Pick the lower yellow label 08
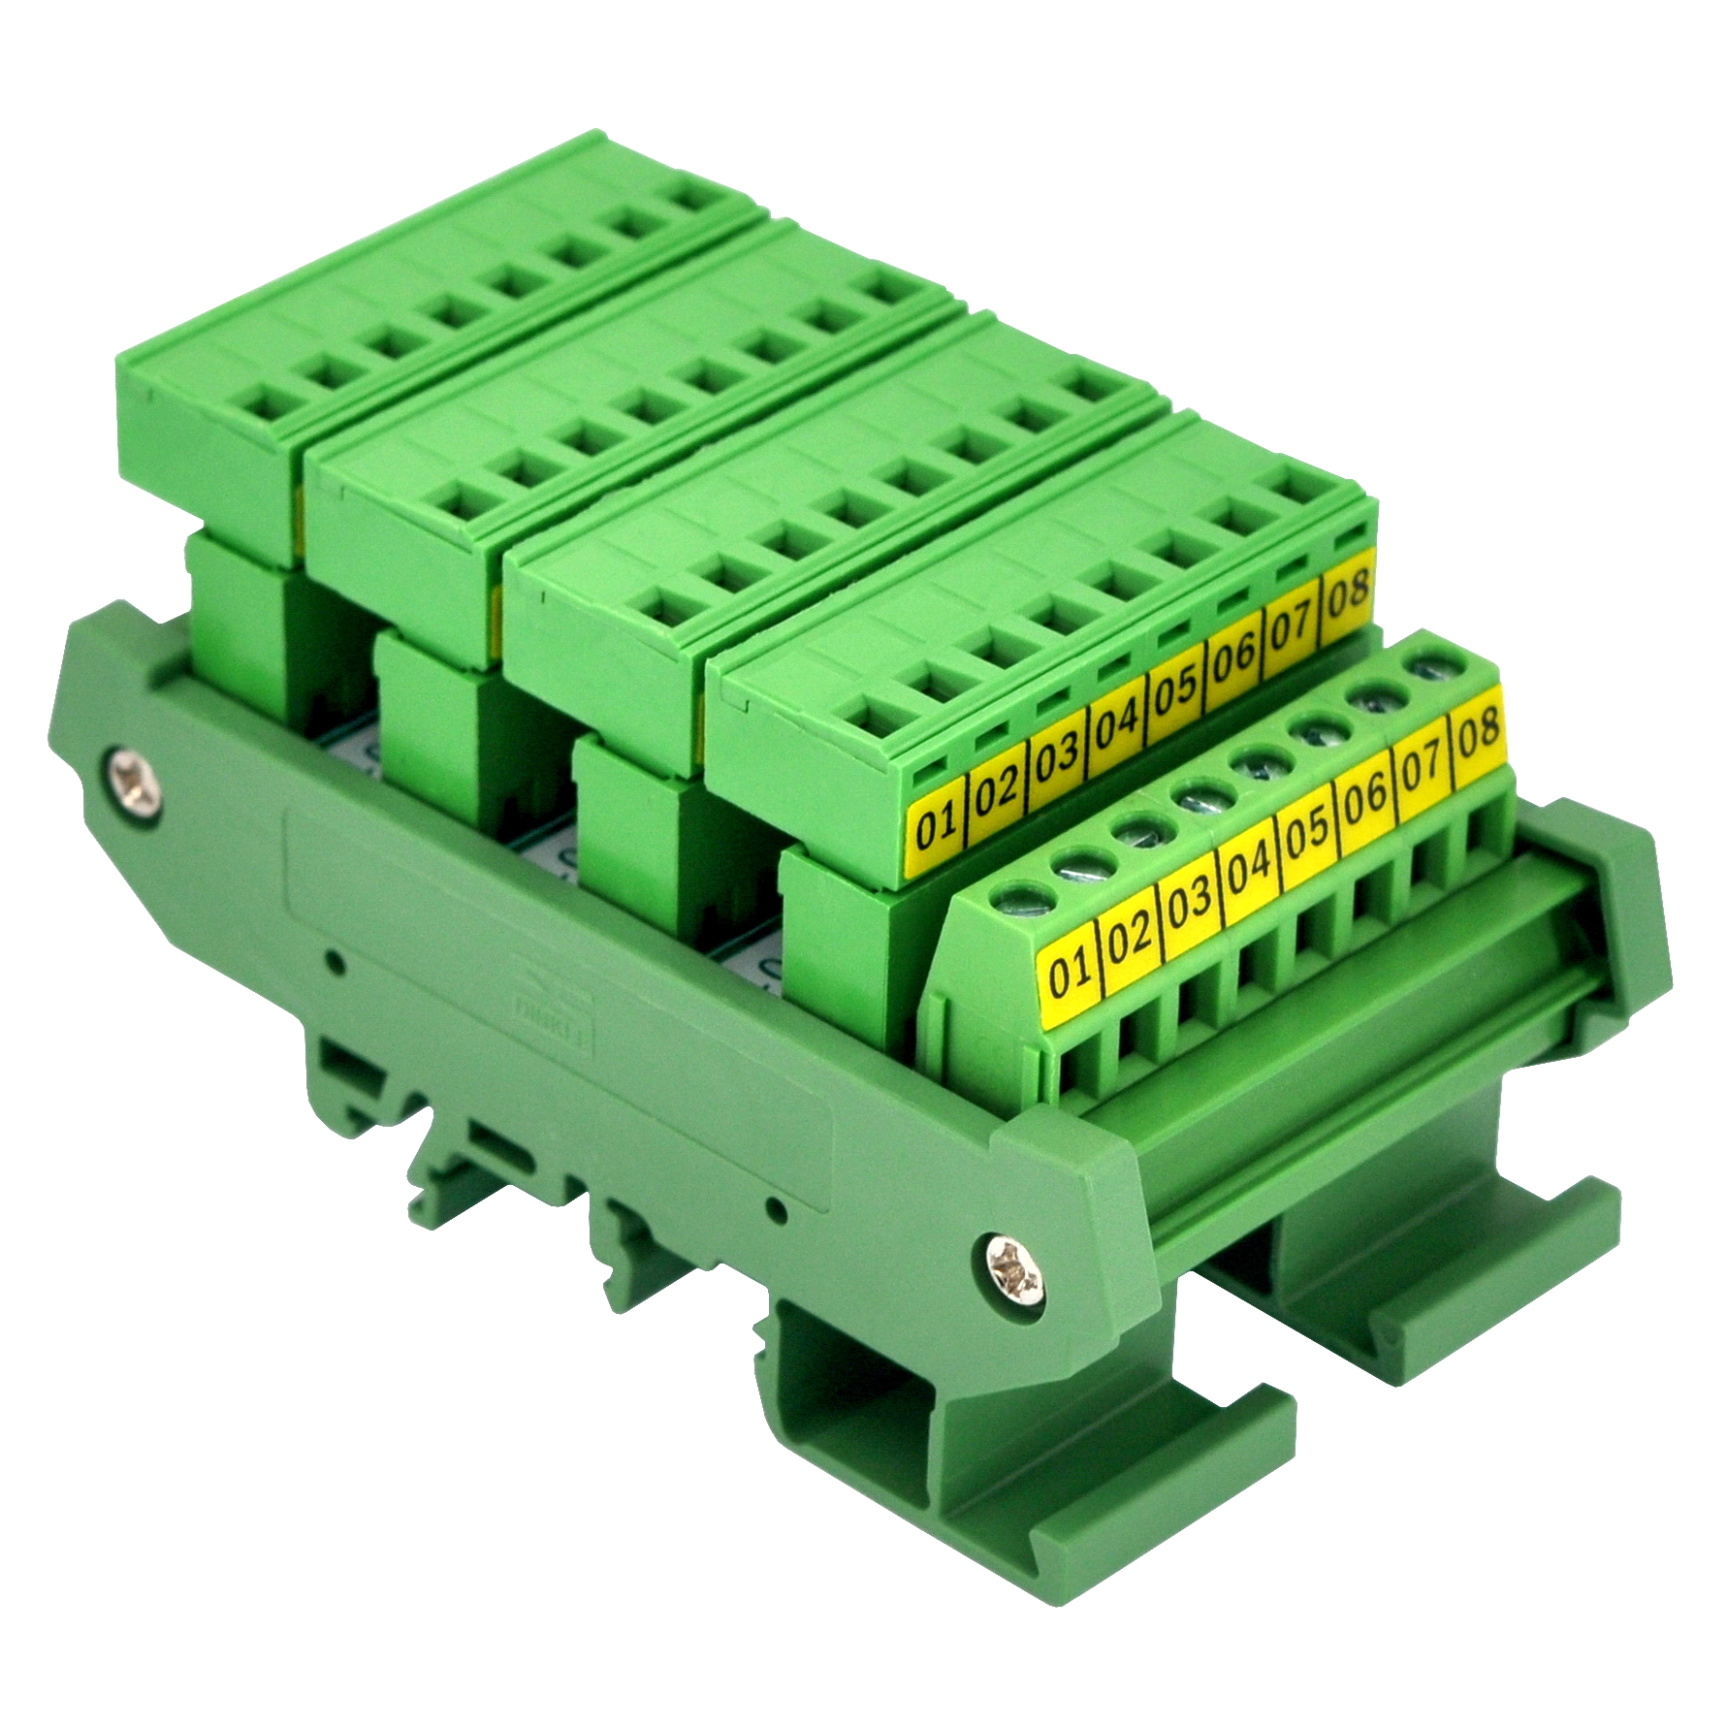pyautogui.click(x=1478, y=728)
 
